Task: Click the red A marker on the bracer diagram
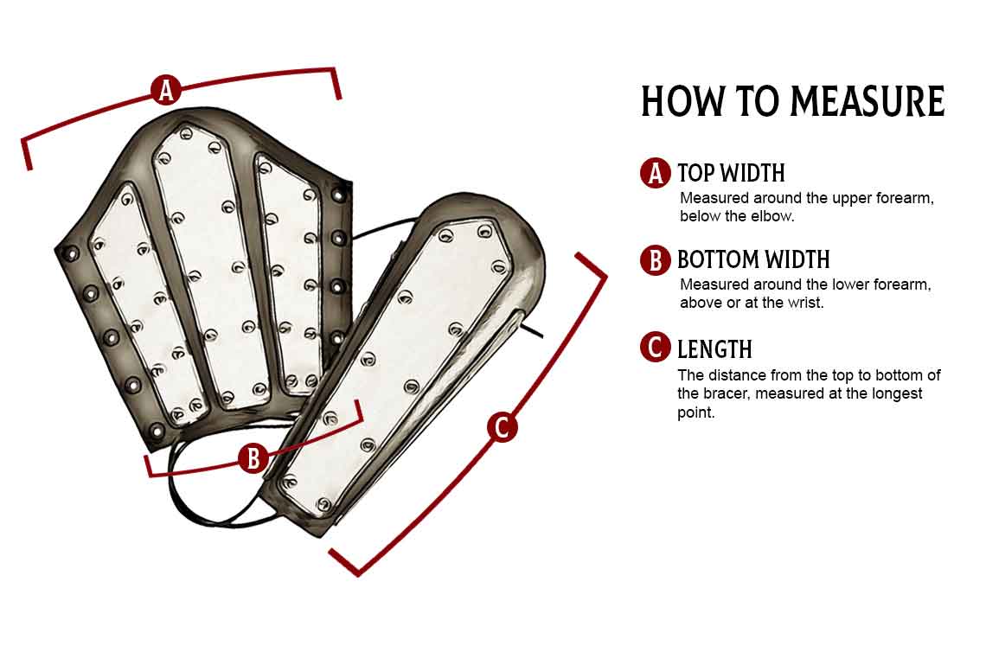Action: pyautogui.click(x=166, y=90)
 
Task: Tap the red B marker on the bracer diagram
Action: pyautogui.click(x=253, y=458)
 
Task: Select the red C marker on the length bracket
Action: pyautogui.click(x=503, y=427)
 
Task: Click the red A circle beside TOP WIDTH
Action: pyautogui.click(x=656, y=173)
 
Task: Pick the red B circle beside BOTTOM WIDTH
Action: pyautogui.click(x=656, y=259)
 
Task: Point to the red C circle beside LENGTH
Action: pyautogui.click(x=656, y=348)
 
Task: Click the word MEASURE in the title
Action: pyautogui.click(x=868, y=101)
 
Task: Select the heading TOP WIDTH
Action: pyautogui.click(x=732, y=173)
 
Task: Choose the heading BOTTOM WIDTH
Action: pyautogui.click(x=753, y=259)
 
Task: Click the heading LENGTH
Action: pyautogui.click(x=715, y=349)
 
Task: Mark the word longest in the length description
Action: pyautogui.click(x=900, y=393)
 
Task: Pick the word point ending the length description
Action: pyautogui.click(x=695, y=413)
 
